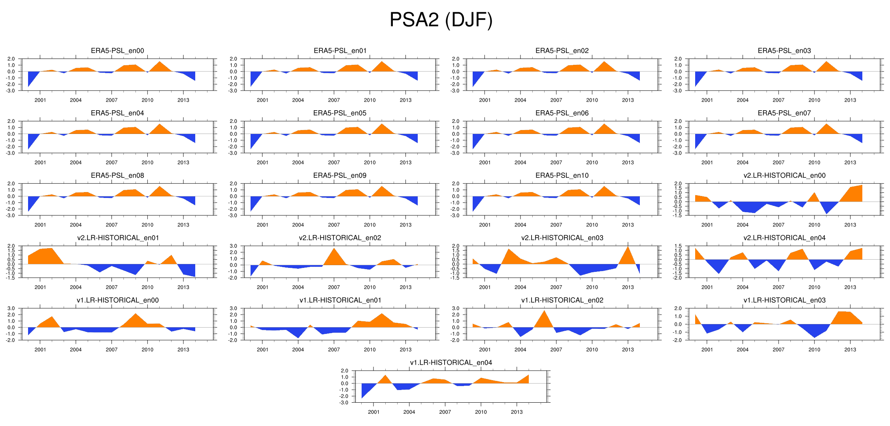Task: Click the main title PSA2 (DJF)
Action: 441,20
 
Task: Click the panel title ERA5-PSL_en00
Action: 117,51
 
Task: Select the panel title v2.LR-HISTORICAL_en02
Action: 340,238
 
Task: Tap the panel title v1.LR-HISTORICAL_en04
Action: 451,363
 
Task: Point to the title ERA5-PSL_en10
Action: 562,175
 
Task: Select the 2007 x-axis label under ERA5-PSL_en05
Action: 334,162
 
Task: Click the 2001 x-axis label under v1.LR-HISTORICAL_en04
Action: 373,412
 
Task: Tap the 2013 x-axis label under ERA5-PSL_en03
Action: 850,100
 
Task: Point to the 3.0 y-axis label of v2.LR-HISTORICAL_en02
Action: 233,246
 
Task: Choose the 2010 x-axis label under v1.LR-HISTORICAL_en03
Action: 814,350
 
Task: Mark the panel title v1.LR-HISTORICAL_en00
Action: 117,300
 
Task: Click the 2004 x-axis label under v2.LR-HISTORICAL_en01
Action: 75,287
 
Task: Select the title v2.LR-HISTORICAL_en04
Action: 784,238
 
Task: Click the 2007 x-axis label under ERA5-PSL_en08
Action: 111,225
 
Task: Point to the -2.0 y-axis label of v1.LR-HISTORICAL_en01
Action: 233,340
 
